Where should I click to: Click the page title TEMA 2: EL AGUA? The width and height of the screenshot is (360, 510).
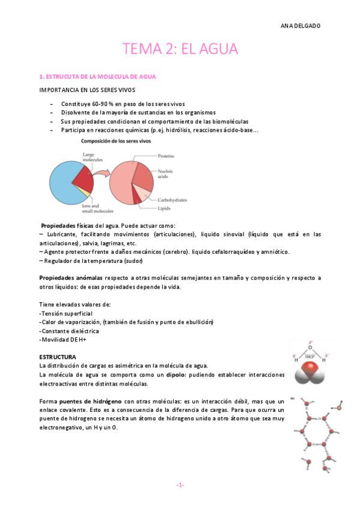pos(180,48)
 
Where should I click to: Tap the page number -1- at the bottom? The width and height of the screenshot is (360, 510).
pos(180,485)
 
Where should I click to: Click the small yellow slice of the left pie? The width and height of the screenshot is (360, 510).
pos(88,194)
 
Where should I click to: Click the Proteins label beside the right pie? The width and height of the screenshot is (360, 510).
pos(166,156)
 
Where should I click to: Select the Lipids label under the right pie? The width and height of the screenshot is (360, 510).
pos(165,209)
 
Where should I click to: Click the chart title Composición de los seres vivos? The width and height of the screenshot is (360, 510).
pos(116,141)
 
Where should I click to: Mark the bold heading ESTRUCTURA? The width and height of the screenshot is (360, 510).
pos(58,357)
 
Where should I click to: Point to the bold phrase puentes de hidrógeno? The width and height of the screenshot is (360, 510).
pos(90,401)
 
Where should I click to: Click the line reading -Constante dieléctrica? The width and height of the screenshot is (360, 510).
pos(69,331)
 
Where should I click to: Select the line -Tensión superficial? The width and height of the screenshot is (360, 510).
pos(66,313)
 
